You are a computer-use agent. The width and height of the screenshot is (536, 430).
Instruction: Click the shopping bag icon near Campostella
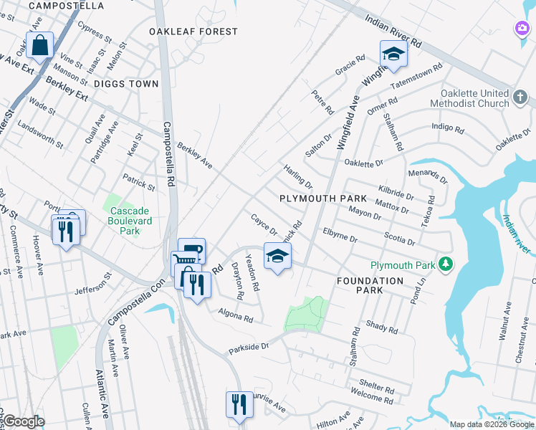pyautogui.click(x=41, y=45)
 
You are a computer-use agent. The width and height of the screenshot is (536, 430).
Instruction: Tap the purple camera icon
pyautogui.click(x=523, y=28)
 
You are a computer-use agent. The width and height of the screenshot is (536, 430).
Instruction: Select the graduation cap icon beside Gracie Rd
pyautogui.click(x=393, y=54)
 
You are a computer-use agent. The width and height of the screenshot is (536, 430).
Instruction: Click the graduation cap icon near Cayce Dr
pyautogui.click(x=277, y=254)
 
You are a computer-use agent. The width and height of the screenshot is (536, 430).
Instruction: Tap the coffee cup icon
pyautogui.click(x=191, y=250)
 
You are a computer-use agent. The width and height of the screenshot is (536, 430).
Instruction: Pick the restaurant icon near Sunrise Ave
pyautogui.click(x=239, y=404)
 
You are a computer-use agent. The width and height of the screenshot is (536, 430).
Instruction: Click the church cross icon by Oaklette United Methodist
pyautogui.click(x=521, y=96)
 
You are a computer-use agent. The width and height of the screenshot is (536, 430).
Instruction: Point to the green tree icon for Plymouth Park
pyautogui.click(x=446, y=265)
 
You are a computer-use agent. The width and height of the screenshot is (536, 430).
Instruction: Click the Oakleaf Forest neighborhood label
pyautogui.click(x=193, y=32)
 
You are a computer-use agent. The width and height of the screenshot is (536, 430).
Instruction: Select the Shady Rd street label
pyautogui.click(x=381, y=327)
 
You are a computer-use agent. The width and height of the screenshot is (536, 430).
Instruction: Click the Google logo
pyautogui.click(x=24, y=421)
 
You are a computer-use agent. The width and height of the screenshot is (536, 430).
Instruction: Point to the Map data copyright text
pyautogui.click(x=491, y=424)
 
